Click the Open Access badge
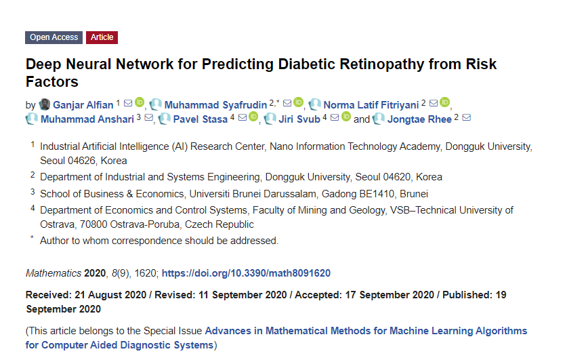click(x=54, y=37)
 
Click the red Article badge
click(x=102, y=37)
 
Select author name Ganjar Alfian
click(x=83, y=104)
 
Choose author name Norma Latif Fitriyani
click(x=371, y=104)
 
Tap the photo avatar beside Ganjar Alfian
click(x=45, y=104)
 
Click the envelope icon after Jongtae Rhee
click(x=466, y=118)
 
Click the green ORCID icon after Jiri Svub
click(x=346, y=118)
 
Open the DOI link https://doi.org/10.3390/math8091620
click(x=246, y=273)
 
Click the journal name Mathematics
click(x=54, y=273)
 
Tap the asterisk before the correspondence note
click(x=31, y=239)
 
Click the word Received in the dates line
click(x=47, y=295)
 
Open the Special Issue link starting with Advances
click(x=366, y=331)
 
